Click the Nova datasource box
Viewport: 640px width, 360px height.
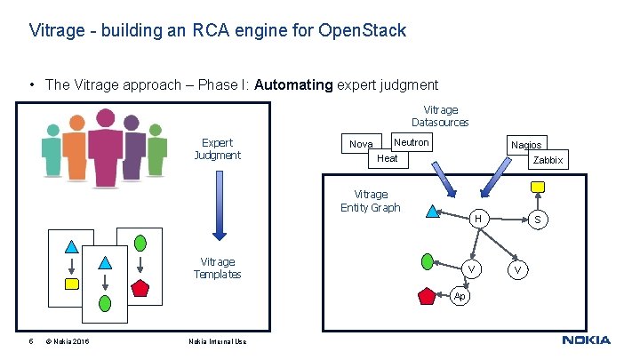click(x=361, y=144)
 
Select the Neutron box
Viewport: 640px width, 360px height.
click(x=411, y=142)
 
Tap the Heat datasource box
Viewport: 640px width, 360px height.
click(x=388, y=158)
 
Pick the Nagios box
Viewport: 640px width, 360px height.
click(x=525, y=145)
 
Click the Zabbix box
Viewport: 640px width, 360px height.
click(x=548, y=160)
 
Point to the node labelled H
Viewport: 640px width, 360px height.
click(x=478, y=219)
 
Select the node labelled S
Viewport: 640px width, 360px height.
click(x=537, y=219)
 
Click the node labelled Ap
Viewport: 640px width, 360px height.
click(x=459, y=295)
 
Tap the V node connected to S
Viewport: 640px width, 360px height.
click(x=518, y=268)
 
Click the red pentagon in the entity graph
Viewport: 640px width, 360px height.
click(x=426, y=296)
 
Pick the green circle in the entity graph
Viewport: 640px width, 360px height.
click(x=428, y=261)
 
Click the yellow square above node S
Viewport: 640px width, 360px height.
click(x=537, y=187)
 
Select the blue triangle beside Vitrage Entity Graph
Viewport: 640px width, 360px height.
click(x=432, y=212)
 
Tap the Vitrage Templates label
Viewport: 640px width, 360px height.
click(x=217, y=268)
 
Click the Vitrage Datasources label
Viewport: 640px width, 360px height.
click(x=440, y=116)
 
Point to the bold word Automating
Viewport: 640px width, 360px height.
click(x=293, y=85)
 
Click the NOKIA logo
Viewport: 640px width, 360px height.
click(x=586, y=340)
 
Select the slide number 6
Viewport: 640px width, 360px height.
click(x=30, y=341)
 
